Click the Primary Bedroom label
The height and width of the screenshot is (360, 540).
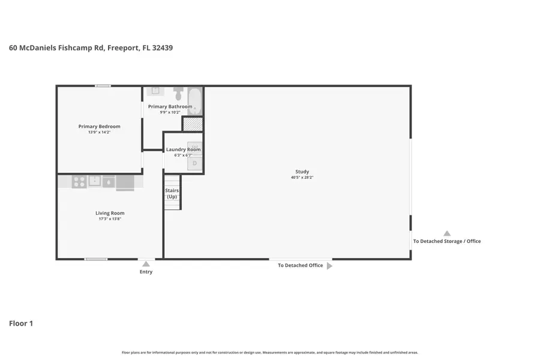pos(99,127)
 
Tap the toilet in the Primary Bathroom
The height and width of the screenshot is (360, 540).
pos(178,95)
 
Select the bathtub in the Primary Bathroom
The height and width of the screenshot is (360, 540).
pos(194,100)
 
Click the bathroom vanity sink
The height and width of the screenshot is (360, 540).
pos(155,91)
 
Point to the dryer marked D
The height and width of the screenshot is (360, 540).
pos(194,163)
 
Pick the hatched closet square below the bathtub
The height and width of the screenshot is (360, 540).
pos(193,124)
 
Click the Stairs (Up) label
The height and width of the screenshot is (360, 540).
pos(172,194)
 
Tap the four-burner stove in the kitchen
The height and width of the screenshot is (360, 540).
pos(79,181)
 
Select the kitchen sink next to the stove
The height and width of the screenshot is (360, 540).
pos(95,181)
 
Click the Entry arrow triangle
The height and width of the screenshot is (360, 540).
pos(146,263)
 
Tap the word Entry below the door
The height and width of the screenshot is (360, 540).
pos(146,272)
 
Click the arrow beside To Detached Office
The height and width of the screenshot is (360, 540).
pos(329,266)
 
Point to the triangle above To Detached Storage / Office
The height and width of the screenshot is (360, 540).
pos(446,233)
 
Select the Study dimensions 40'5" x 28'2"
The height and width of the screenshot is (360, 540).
pos(302,178)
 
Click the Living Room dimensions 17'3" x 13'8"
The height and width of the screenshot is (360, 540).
pos(110,219)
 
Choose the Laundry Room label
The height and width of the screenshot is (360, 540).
pos(183,149)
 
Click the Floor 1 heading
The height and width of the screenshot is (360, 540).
pos(21,323)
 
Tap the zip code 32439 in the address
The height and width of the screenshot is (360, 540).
pos(162,48)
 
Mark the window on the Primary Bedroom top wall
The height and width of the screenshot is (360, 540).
pos(103,86)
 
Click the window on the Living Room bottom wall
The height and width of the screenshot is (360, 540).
pos(96,259)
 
